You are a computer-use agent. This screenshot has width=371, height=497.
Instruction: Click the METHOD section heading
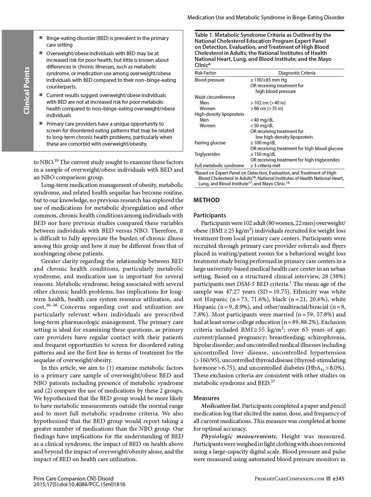[206, 200]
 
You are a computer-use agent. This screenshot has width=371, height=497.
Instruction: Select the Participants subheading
[210, 215]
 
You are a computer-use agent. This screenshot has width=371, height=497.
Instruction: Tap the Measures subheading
[206, 398]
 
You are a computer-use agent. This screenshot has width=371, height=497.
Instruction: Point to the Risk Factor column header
[205, 73]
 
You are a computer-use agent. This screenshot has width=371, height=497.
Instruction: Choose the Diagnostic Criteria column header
[297, 73]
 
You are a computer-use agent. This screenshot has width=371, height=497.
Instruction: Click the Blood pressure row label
[209, 80]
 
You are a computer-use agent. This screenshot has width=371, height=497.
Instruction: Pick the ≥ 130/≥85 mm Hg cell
[268, 80]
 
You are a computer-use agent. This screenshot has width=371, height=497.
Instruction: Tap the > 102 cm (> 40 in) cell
[268, 103]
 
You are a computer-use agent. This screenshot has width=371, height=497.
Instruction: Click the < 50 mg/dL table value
[262, 126]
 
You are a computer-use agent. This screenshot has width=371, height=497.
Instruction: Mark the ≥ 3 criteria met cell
[265, 166]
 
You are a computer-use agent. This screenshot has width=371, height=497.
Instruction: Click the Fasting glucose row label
[210, 143]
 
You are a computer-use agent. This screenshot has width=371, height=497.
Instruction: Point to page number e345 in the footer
[338, 478]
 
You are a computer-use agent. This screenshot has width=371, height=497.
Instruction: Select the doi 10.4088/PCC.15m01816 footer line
[79, 484]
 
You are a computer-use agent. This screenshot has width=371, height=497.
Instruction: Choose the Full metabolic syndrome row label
[219, 166]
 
